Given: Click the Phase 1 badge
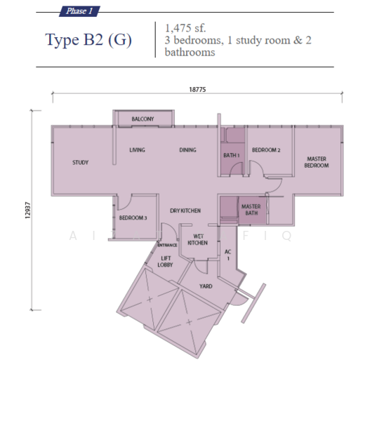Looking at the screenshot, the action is click(79, 11).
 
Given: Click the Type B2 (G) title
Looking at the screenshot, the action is click(88, 40).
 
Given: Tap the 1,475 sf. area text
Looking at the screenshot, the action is click(185, 28).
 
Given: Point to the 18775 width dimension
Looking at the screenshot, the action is click(197, 89).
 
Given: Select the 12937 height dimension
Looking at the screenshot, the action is click(27, 210).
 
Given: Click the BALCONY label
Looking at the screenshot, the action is click(143, 119).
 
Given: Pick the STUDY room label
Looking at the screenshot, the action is click(80, 163).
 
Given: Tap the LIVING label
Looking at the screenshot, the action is click(138, 150).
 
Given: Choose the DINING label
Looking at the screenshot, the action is click(188, 150).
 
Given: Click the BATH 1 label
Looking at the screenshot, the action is click(232, 155).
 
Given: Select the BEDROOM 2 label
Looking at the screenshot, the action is click(266, 150).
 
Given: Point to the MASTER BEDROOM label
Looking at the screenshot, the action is click(317, 162).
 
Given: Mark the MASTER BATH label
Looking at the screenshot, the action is click(251, 210).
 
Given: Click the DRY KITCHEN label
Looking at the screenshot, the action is click(185, 210).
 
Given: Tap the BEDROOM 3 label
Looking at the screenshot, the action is click(133, 218).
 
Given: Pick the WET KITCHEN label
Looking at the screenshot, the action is click(197, 239).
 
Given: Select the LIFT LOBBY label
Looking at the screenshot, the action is click(165, 262).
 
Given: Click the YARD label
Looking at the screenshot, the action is click(206, 286).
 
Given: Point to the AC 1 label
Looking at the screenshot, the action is click(228, 255).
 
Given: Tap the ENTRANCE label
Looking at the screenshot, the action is click(167, 245).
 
